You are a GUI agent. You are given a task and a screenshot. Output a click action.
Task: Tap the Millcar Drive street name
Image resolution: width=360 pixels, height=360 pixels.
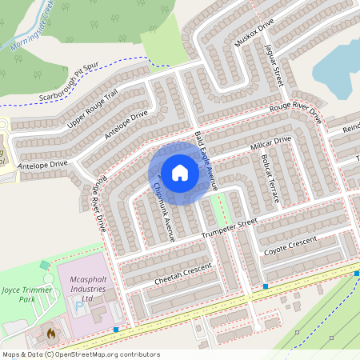272,145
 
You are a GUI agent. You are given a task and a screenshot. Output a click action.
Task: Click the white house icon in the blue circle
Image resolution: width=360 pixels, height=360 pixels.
180,172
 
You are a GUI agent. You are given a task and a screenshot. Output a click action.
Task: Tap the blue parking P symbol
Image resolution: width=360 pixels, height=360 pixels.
79,306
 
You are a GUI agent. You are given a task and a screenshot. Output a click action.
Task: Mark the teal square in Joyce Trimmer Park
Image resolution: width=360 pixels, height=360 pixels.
44,265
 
